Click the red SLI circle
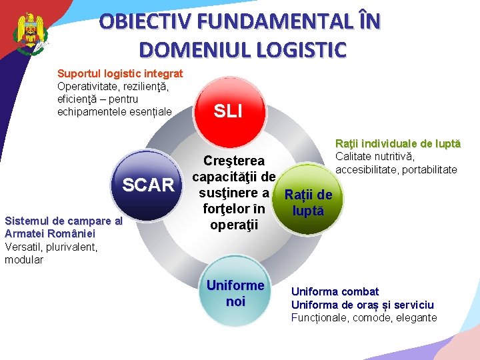click(x=227, y=111)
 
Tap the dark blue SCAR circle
click(x=148, y=185)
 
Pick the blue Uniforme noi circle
click(x=235, y=293)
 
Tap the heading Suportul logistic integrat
click(x=120, y=73)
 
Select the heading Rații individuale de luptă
click(x=397, y=143)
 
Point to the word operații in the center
click(x=233, y=225)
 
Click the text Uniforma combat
click(x=335, y=291)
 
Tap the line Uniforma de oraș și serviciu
click(x=362, y=304)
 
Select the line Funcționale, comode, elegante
click(x=364, y=317)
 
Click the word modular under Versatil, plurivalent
click(x=23, y=259)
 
